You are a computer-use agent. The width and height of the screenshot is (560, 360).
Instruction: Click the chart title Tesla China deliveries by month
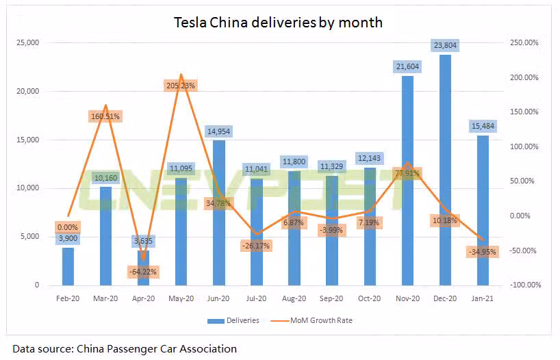pos(277,23)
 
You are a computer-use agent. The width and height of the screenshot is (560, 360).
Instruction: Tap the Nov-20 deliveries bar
pos(407,192)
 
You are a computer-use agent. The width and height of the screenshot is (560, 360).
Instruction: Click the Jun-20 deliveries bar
pos(218,212)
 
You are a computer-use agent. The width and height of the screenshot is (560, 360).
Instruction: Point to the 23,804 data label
pos(445,46)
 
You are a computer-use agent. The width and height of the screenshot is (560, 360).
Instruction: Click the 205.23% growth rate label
pos(181,86)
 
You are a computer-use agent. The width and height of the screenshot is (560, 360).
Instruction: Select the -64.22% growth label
pos(143,272)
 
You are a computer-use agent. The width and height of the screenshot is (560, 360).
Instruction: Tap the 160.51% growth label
pos(105,116)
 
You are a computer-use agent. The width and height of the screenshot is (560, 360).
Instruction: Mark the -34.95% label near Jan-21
pos(482,252)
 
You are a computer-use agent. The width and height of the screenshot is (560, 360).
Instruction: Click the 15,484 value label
pos(483,127)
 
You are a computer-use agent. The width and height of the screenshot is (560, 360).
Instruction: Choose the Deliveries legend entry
pos(235,320)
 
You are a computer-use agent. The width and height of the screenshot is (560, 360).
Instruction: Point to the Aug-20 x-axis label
pos(294,299)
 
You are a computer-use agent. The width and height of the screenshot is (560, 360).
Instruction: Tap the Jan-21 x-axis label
pos(483,299)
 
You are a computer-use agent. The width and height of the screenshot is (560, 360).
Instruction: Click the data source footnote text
pos(125,348)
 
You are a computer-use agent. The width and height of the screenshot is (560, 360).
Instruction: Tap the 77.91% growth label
pos(407,173)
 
